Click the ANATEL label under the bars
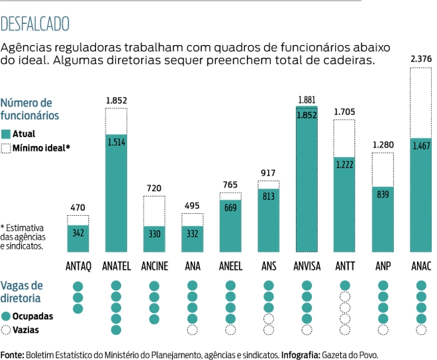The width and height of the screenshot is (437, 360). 116,267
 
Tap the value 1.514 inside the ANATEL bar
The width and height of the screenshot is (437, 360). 116,140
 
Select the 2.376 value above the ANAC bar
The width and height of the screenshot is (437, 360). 420,60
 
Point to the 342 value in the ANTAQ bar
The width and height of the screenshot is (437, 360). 77,234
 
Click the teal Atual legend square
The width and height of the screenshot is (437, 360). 6,134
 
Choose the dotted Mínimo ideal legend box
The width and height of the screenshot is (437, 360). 6,148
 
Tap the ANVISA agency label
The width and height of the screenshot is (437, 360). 307,267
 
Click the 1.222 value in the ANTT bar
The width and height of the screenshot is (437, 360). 345,164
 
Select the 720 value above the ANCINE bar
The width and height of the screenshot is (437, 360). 154,189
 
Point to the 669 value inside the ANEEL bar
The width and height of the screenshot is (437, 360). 230,208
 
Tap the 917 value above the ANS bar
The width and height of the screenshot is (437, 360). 269,173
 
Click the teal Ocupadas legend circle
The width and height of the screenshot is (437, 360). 6,316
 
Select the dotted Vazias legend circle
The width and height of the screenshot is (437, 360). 6,329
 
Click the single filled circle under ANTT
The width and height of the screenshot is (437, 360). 345,286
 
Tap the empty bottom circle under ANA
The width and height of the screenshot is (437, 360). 193,330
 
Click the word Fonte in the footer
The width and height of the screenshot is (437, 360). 11,355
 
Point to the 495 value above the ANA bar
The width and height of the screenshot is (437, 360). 192,206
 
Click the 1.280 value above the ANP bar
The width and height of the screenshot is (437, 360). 383,145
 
